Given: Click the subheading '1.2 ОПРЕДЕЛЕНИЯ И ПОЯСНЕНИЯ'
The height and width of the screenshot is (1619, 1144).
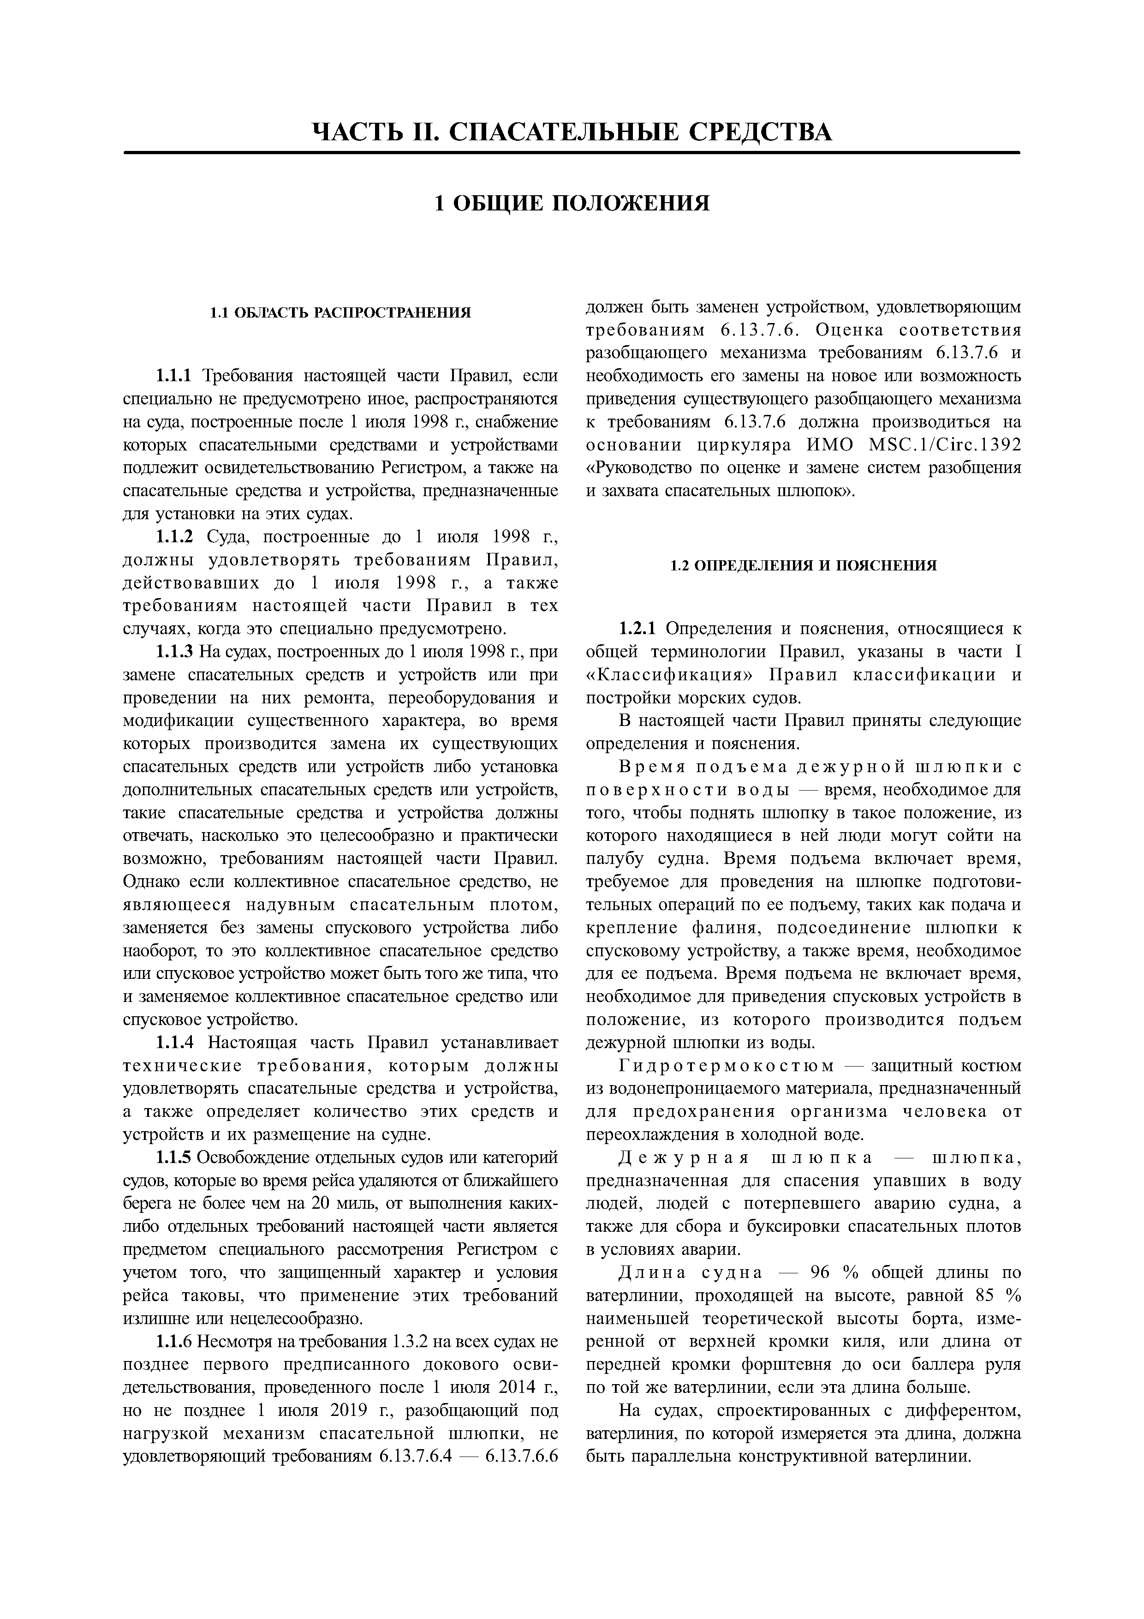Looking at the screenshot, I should (x=803, y=565).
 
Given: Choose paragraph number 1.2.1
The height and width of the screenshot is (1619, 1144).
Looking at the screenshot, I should (x=637, y=629).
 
